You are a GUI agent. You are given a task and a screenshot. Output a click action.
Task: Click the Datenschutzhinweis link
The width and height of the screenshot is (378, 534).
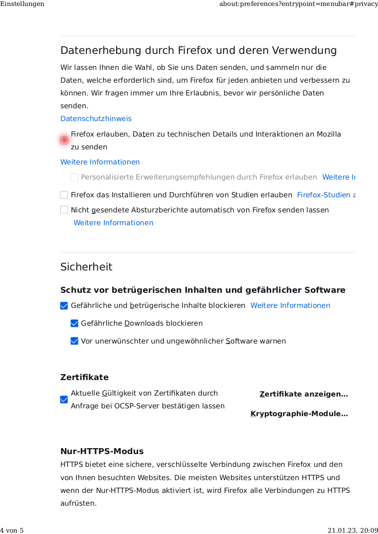[x=96, y=119]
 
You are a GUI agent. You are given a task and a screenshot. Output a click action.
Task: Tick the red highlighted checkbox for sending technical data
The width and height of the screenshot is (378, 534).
[x=64, y=140]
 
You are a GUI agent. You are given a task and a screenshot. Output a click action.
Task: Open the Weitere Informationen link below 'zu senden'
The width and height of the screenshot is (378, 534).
[x=100, y=162]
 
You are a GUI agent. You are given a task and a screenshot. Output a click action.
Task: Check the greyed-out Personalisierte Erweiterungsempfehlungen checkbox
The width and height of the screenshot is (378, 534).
[x=75, y=177]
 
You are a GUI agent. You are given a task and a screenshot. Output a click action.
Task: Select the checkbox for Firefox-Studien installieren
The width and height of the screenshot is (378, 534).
[x=64, y=195]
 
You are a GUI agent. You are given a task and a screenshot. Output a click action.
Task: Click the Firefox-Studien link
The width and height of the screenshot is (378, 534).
[x=325, y=195]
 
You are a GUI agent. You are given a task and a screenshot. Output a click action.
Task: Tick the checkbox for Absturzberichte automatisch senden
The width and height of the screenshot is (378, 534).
[x=64, y=210]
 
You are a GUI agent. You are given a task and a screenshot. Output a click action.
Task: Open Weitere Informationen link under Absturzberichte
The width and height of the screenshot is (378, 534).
[x=113, y=223]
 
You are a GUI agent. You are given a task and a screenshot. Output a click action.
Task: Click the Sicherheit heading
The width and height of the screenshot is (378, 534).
[x=86, y=267]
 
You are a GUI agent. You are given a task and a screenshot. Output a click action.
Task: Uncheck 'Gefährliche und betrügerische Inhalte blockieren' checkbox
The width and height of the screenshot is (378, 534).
[x=64, y=306]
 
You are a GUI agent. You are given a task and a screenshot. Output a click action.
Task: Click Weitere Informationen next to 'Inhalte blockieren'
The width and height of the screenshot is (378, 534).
[x=290, y=306]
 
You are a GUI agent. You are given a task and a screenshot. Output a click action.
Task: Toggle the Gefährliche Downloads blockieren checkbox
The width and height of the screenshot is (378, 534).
[x=75, y=323]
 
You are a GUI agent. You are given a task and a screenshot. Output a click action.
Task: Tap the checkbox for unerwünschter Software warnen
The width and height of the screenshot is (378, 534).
[x=75, y=341]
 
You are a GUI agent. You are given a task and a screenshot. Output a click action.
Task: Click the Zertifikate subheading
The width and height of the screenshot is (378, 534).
[x=85, y=377]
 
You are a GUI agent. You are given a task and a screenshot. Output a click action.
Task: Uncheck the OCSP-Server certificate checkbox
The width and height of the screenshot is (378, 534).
[x=64, y=400]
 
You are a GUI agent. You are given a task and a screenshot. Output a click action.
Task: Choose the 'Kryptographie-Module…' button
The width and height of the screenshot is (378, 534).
[x=299, y=414]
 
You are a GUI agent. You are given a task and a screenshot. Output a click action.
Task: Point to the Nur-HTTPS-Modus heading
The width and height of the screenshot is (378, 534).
[x=102, y=451]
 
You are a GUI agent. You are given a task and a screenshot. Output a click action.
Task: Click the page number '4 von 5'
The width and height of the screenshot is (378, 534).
[x=12, y=530]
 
